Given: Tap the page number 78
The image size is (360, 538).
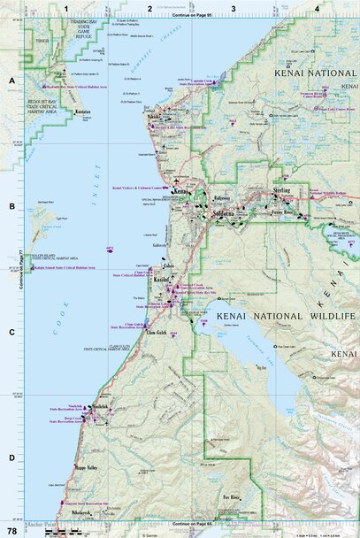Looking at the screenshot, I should point(11,529).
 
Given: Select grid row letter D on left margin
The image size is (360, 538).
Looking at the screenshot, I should point(11,457).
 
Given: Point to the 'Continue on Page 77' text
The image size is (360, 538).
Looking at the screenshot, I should point(19,255).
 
